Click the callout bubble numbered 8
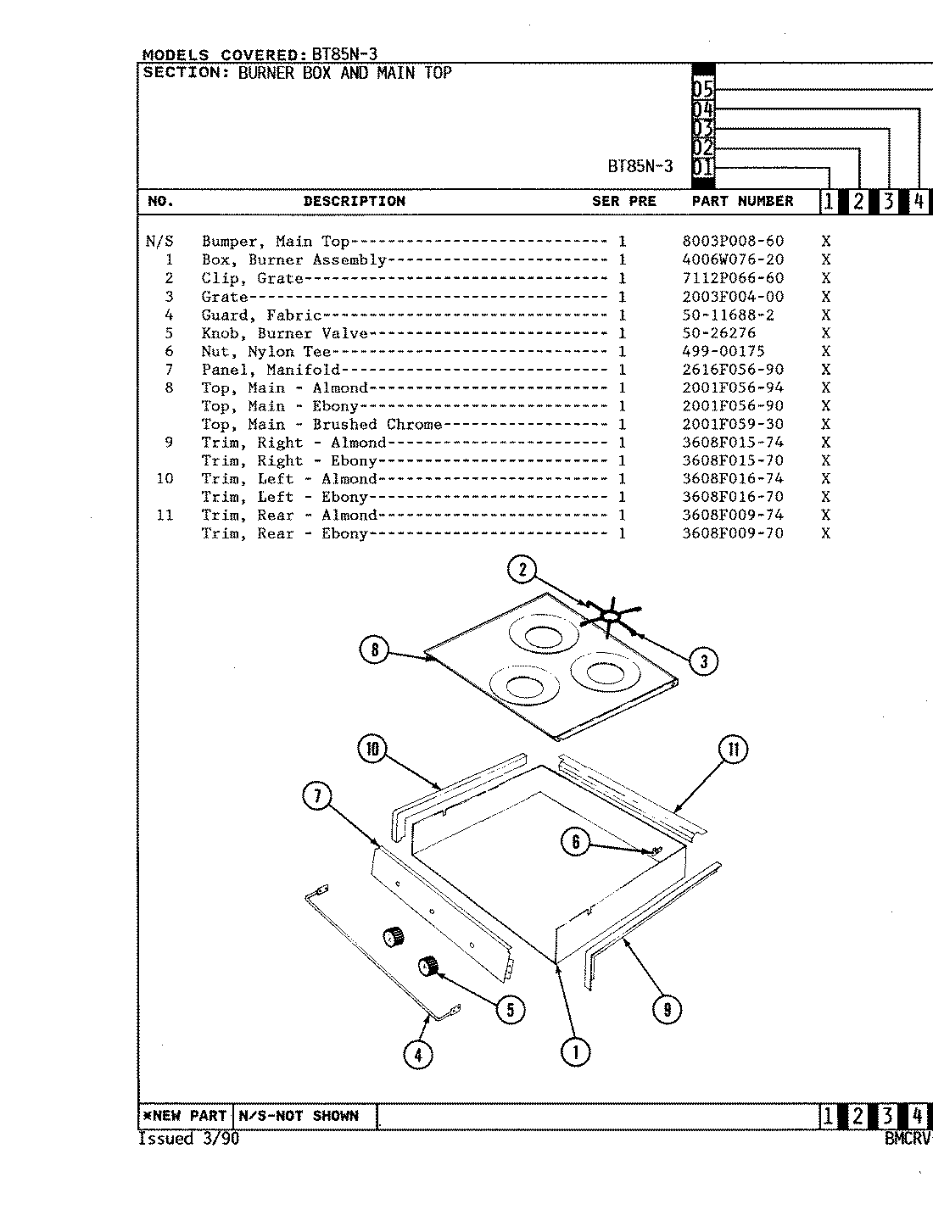tap(374, 651)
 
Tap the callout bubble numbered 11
tap(734, 750)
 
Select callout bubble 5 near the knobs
tap(511, 1009)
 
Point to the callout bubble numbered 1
tap(575, 1052)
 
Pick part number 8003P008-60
tap(733, 242)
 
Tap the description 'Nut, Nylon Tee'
tap(265, 352)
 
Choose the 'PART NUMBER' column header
tap(742, 202)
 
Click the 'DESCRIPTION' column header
tap(354, 202)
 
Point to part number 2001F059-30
tap(733, 425)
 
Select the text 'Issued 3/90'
tap(188, 1140)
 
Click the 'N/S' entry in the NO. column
tap(159, 242)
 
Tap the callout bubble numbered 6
tap(576, 841)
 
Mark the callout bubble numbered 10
tap(372, 750)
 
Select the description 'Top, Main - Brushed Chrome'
tap(321, 425)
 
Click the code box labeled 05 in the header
tap(703, 89)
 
